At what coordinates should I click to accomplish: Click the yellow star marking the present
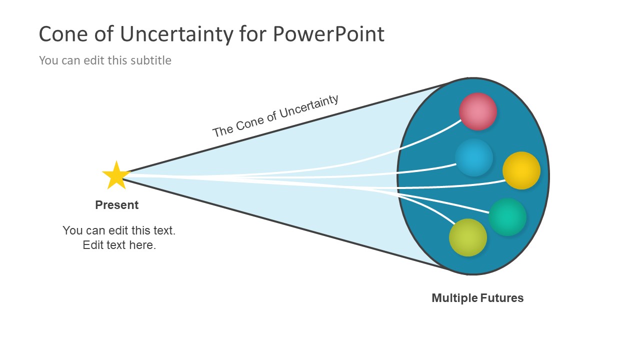pos(116,176)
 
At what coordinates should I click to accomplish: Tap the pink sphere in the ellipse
pos(478,111)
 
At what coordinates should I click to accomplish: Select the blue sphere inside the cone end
pos(474,157)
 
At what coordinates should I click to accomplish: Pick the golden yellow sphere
pos(521,170)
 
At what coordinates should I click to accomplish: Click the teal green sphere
pos(507,217)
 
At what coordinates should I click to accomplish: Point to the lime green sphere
pos(468,237)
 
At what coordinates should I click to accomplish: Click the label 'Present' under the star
pos(116,205)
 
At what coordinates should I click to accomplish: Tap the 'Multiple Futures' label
pos(477,298)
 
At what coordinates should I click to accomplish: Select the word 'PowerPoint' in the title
pos(328,34)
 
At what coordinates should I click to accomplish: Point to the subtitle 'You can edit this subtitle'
pos(105,60)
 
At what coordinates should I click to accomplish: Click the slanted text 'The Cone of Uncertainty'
pos(275,116)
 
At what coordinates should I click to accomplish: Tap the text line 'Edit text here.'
pos(119,245)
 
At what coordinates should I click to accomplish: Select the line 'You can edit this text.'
pos(119,230)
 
